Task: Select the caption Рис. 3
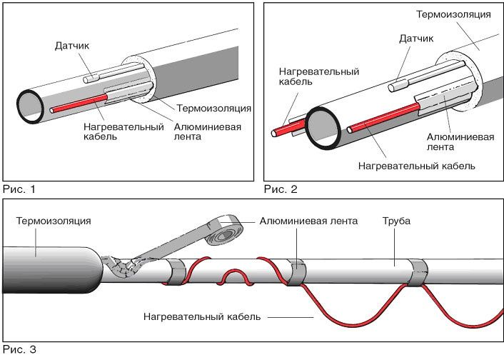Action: click(19, 350)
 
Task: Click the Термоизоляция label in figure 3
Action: click(54, 221)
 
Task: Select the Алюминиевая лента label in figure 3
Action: click(308, 221)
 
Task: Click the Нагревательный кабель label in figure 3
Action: click(202, 315)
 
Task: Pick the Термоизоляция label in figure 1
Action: click(213, 109)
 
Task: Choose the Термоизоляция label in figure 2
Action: click(453, 14)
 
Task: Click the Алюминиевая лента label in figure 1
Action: click(208, 132)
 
